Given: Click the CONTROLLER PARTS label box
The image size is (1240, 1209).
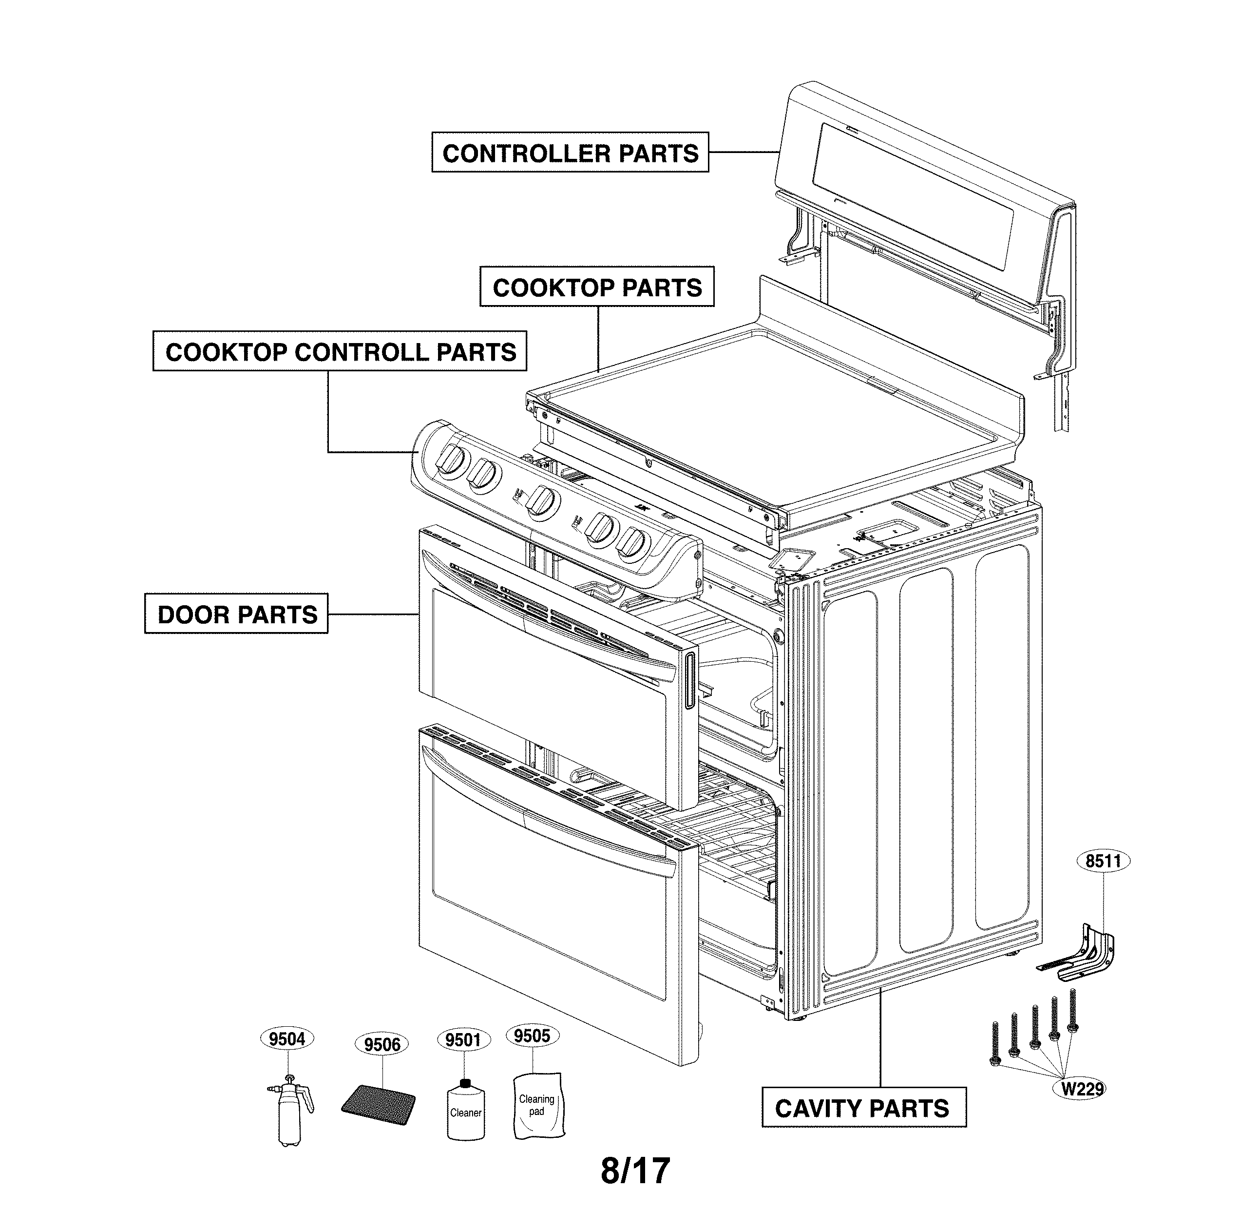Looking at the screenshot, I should (570, 153).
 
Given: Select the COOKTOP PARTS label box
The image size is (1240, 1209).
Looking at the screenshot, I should (597, 287).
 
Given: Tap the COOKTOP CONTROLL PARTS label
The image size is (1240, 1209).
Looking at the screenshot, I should (340, 351).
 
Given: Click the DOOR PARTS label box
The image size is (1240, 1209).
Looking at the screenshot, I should (236, 614).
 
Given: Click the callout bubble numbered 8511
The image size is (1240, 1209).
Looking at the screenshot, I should (1104, 861).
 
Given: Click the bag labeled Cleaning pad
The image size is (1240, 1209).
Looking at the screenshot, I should (537, 1105).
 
